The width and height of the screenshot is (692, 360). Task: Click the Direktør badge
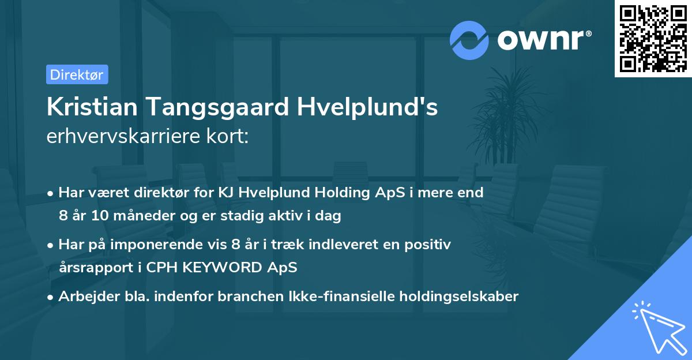click(77, 74)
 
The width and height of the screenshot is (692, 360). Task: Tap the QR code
click(653, 38)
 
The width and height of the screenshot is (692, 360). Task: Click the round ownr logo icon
click(469, 40)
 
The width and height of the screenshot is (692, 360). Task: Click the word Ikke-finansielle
click(326, 297)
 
